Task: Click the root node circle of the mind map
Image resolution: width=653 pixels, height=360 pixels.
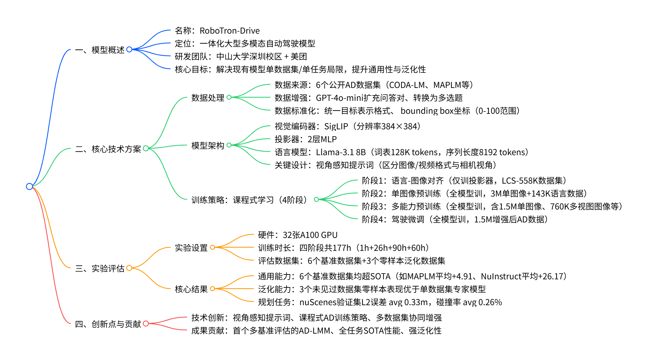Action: click(x=29, y=186)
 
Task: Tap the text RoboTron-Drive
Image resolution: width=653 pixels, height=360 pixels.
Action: click(x=230, y=31)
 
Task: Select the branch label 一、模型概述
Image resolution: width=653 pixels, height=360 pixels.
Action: click(x=100, y=50)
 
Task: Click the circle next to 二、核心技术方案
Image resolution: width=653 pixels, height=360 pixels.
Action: click(x=146, y=148)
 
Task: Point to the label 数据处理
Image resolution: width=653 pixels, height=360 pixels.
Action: click(x=208, y=98)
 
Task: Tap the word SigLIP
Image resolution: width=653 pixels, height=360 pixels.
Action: click(x=336, y=126)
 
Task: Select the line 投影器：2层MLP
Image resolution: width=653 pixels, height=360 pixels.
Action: click(x=306, y=139)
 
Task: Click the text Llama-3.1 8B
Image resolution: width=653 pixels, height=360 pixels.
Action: click(x=341, y=152)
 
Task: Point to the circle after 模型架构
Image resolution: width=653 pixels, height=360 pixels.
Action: click(x=229, y=145)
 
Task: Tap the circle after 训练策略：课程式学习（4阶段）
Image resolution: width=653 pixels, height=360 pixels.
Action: click(x=316, y=199)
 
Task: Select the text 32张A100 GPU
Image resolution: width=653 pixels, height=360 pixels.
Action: click(x=310, y=235)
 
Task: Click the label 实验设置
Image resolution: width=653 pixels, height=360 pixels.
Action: click(x=191, y=248)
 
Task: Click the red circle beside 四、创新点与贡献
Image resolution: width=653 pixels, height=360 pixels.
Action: click(x=146, y=324)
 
